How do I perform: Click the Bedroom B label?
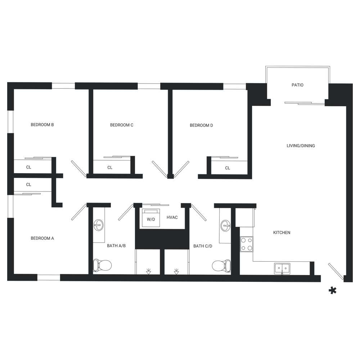42,125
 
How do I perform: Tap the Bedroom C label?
122,125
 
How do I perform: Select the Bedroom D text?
202,126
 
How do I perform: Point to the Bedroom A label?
42,238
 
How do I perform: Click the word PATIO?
297,85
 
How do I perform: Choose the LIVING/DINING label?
301,146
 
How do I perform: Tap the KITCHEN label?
282,233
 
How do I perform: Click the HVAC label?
172,218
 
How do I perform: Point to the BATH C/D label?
200,246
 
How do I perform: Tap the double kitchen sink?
282,268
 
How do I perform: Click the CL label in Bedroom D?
228,168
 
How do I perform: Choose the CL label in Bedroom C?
110,168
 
